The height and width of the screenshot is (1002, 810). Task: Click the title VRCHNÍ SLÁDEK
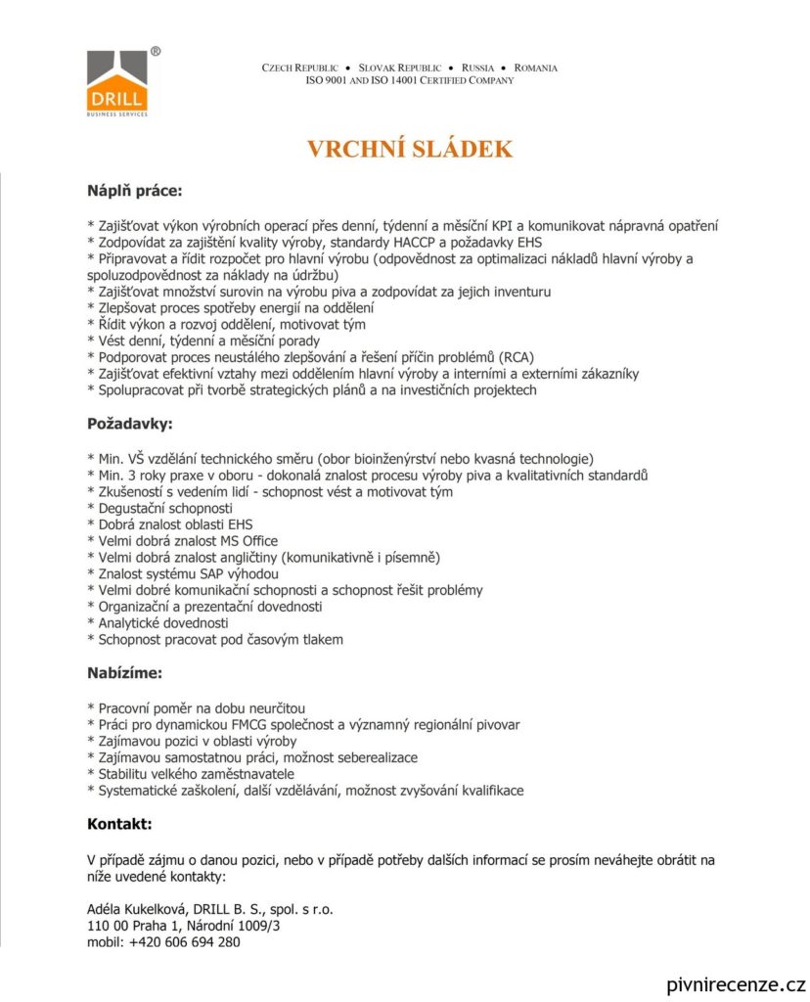click(x=410, y=149)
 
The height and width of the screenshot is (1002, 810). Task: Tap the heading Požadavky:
click(x=130, y=425)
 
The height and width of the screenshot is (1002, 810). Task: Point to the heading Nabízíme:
click(x=124, y=673)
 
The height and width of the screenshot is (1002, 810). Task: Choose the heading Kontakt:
click(x=119, y=824)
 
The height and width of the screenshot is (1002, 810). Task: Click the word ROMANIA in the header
click(x=536, y=68)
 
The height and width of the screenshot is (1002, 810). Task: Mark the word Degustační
click(x=131, y=507)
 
